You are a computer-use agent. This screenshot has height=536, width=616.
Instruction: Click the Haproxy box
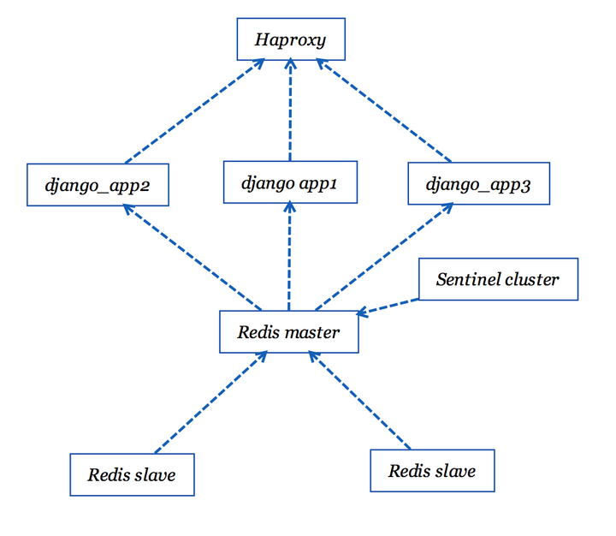(x=291, y=40)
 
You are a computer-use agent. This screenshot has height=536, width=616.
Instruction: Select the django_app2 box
(x=97, y=185)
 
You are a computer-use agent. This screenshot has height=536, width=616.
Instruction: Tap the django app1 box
(x=289, y=182)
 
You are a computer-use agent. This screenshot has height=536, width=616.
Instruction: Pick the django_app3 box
(x=478, y=185)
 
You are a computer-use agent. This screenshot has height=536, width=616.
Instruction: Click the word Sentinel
(x=466, y=279)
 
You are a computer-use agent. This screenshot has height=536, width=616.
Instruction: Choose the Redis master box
(x=288, y=332)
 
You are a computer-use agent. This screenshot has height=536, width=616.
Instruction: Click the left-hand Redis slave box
(x=132, y=474)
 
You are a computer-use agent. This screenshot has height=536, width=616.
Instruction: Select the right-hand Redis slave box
(x=432, y=471)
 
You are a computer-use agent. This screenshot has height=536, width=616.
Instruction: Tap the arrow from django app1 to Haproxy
(x=290, y=110)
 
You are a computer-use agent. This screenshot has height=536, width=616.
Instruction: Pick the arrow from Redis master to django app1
(x=289, y=257)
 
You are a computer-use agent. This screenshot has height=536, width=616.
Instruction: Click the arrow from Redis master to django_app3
(x=385, y=257)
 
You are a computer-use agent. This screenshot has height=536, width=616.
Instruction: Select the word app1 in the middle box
(x=317, y=182)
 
